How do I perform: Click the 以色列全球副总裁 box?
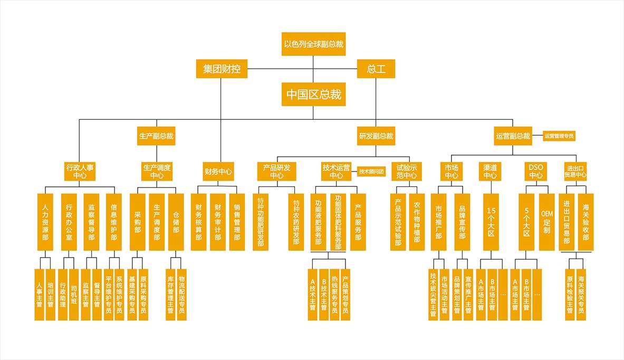point(314,44)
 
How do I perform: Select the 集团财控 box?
point(222,69)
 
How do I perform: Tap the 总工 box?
point(376,69)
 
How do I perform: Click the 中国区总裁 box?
point(314,95)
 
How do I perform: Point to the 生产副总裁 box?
point(156,136)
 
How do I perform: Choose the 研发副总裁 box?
point(376,136)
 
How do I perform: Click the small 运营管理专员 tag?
point(559,136)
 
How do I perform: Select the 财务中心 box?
point(218,171)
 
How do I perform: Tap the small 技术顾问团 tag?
point(372,171)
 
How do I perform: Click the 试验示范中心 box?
point(407,171)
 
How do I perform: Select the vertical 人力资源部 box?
point(45,222)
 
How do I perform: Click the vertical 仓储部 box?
point(176,222)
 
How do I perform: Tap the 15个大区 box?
point(491,222)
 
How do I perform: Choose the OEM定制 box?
point(546,222)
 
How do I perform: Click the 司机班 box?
point(73,295)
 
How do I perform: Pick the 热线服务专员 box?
point(334,295)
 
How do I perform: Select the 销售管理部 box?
point(237,222)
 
